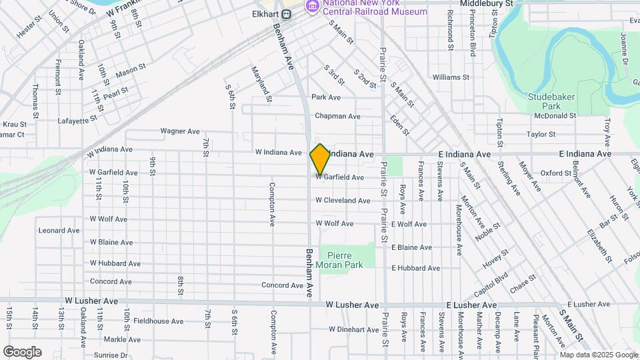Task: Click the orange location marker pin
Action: coord(320,159)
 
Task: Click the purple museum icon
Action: coord(311,7)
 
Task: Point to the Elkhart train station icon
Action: coord(286,14)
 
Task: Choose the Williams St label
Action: coord(451,77)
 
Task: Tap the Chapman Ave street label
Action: coord(337,116)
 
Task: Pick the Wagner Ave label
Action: coord(180,131)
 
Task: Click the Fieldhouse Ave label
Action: coord(158,321)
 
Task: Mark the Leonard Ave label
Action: coord(59,231)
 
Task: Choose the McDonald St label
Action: coord(555,115)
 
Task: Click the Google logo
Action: coord(22,351)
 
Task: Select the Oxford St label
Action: coord(556,173)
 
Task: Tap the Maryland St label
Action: coord(262,84)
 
